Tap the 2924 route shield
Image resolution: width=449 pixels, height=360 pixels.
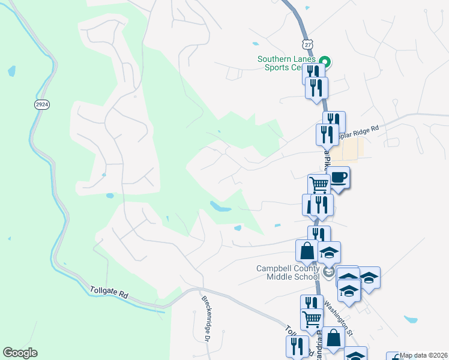click(x=41, y=104)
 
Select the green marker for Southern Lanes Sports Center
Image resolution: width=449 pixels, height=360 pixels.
click(x=325, y=61)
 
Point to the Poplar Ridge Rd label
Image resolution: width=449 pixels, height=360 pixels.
click(x=358, y=129)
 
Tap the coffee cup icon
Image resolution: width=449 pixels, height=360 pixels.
click(x=339, y=178)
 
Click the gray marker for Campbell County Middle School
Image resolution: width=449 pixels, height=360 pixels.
click(x=328, y=272)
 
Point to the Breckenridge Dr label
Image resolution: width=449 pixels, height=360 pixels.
click(x=205, y=319)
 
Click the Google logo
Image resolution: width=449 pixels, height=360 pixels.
click(x=20, y=353)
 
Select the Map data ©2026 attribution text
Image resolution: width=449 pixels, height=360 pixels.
click(x=424, y=355)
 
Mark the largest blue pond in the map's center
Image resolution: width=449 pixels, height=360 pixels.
click(x=220, y=207)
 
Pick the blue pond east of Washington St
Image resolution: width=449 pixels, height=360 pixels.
click(x=411, y=320)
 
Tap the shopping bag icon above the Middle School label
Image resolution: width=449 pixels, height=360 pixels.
click(x=307, y=251)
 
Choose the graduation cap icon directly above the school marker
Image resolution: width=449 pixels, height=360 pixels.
click(x=329, y=252)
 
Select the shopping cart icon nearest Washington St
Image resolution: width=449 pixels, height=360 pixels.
click(x=312, y=319)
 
